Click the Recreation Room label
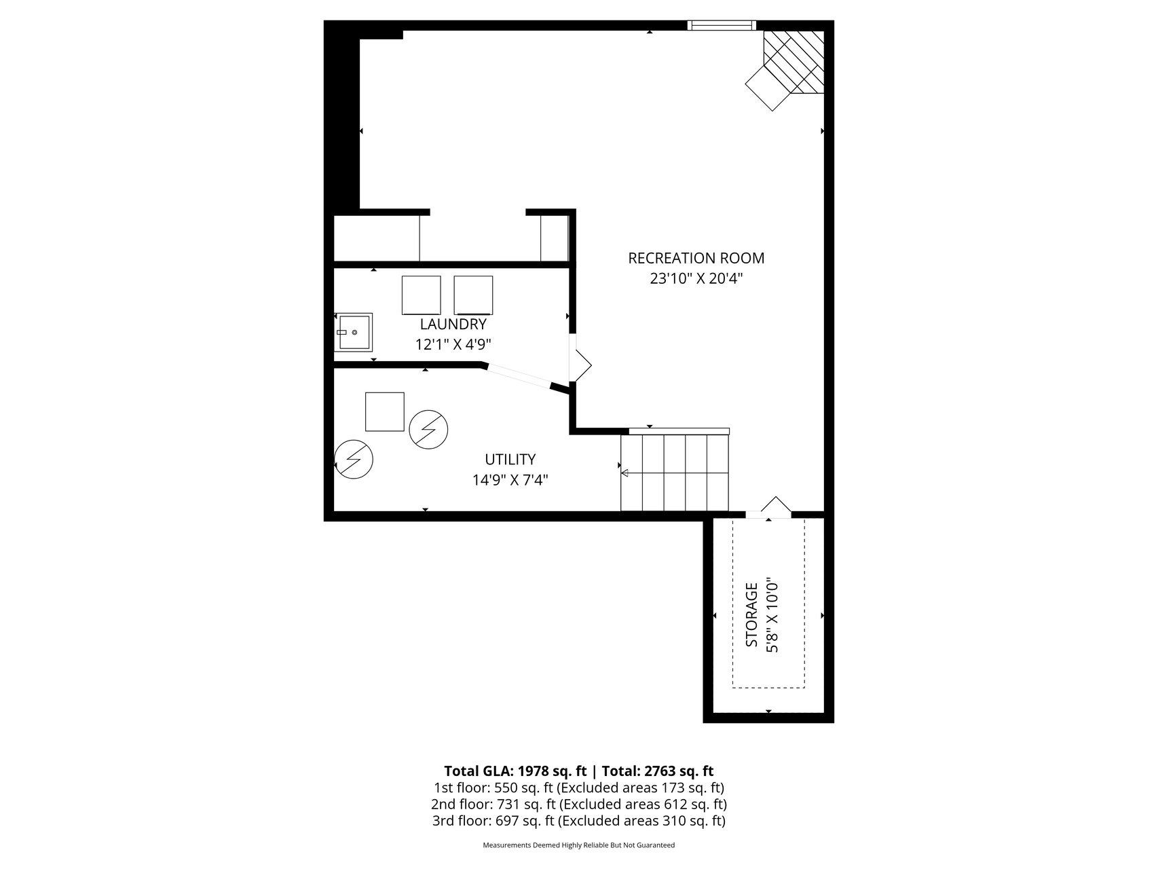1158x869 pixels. coord(696,259)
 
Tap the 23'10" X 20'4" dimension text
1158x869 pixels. coord(696,279)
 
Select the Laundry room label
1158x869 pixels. coord(453,325)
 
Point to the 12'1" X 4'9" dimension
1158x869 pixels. coord(453,345)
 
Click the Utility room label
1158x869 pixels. coord(510,460)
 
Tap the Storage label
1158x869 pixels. coord(751,614)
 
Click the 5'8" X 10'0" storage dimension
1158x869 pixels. coord(772,614)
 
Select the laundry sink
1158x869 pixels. coord(354,332)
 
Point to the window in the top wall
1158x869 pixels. coord(721,26)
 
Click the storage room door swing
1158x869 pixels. coord(777,506)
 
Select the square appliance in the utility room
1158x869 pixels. coord(384,411)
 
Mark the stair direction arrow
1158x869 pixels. coord(624,473)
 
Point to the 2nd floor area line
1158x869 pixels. coord(578,805)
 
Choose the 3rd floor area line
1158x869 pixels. coord(578,821)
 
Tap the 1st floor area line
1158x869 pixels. coord(578,788)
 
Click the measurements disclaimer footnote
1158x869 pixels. coord(578,845)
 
